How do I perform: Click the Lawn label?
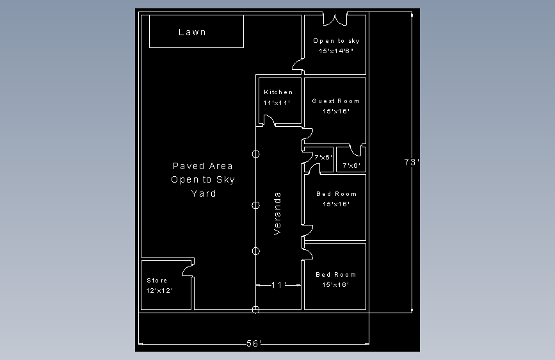192,32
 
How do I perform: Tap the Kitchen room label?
278,92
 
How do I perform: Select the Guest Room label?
336,101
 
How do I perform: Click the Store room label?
157,281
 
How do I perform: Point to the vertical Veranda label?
277,213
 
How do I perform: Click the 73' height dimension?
412,162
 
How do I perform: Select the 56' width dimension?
253,343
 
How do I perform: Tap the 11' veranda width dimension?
278,285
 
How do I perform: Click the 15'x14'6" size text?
336,51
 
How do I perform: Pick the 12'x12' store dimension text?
159,291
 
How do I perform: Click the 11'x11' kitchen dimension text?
277,102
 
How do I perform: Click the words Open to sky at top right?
336,41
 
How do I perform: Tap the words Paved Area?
202,166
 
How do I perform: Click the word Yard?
204,193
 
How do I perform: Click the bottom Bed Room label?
335,275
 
